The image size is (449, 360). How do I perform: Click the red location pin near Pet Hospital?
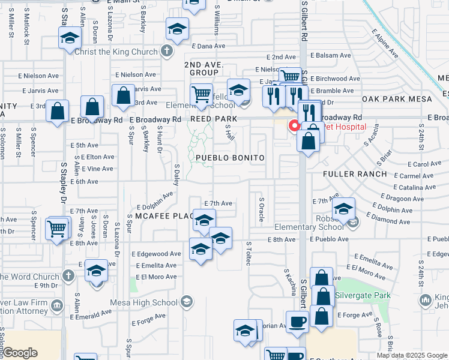(294, 126)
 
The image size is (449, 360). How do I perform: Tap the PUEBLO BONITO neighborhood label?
(230, 158)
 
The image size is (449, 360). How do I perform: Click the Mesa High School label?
(151, 301)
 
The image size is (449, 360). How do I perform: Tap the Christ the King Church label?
(116, 52)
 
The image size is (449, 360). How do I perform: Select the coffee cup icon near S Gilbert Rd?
(297, 322)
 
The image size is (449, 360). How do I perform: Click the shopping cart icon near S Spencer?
(56, 228)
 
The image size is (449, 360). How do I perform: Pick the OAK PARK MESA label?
(394, 99)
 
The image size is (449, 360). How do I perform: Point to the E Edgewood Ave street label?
(155, 254)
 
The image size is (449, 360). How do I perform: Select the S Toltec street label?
(248, 254)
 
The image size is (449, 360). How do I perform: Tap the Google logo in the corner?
(19, 353)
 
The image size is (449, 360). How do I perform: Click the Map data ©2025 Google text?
(411, 355)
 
